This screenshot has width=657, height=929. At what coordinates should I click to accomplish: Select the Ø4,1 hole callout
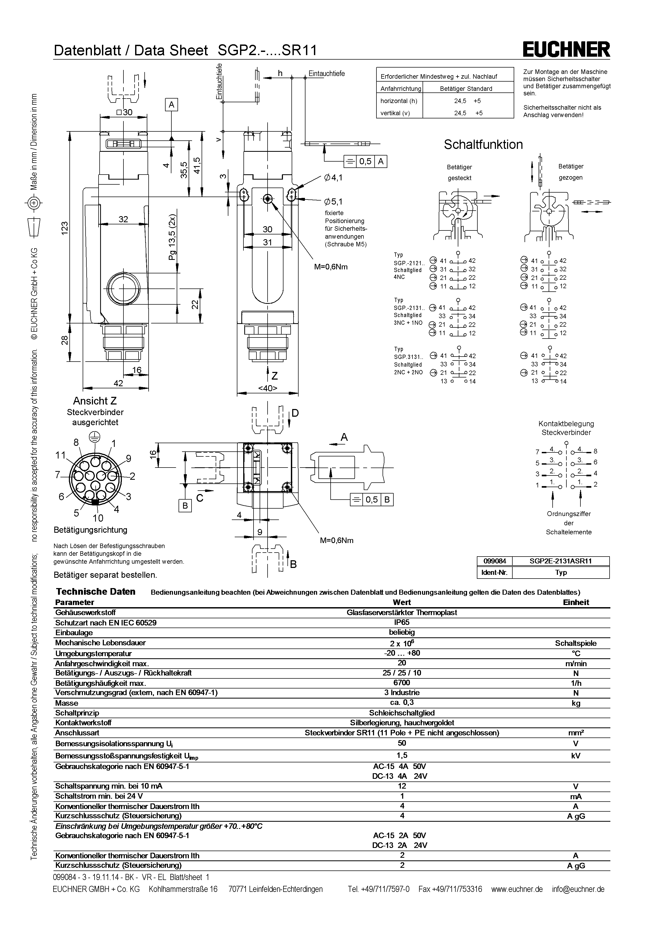(x=333, y=177)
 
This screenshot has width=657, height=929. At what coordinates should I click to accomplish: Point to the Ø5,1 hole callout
(x=333, y=201)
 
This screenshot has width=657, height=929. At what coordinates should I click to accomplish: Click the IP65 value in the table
(x=402, y=623)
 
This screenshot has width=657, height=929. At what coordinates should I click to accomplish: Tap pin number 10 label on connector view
(x=98, y=518)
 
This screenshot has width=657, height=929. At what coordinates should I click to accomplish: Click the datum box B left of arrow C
(x=185, y=506)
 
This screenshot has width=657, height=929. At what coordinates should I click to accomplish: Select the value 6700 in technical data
(x=402, y=683)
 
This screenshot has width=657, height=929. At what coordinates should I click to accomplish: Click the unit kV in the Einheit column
(x=576, y=755)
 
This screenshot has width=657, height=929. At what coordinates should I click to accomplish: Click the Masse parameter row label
(x=67, y=703)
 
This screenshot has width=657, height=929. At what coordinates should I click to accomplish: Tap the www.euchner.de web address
(x=517, y=889)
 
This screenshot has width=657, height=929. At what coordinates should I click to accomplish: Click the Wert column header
(x=402, y=602)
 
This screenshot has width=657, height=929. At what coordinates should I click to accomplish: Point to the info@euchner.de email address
(x=578, y=889)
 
